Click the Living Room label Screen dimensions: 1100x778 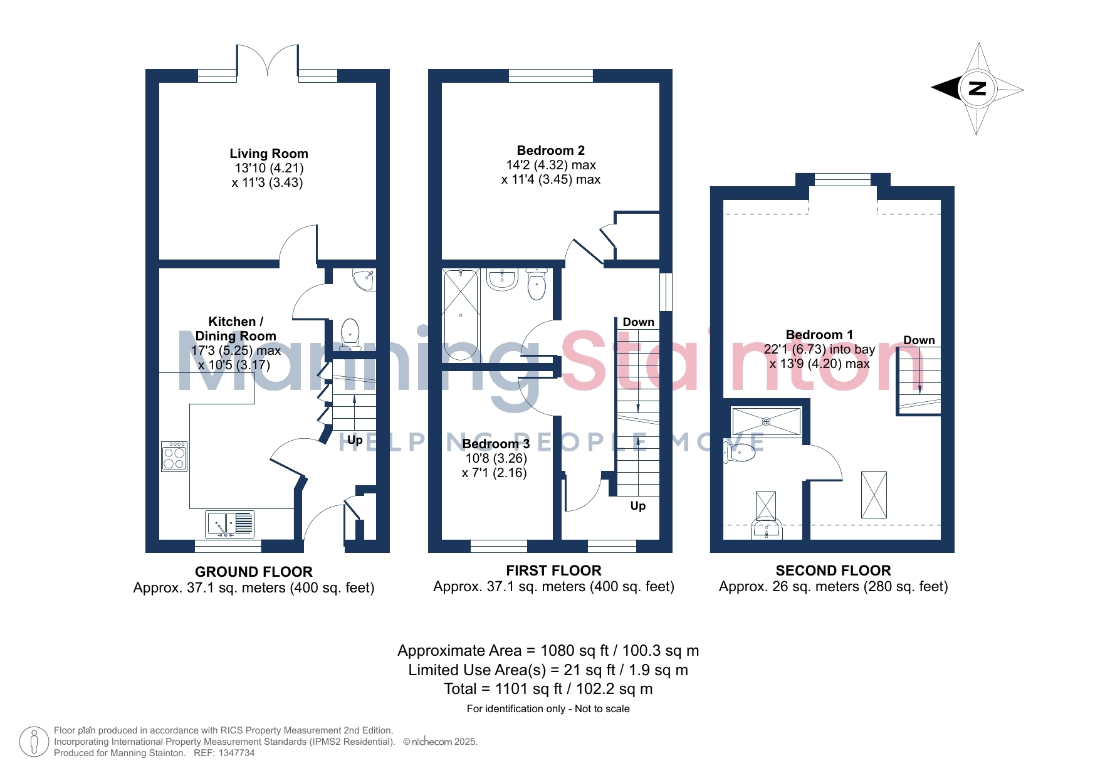click(x=269, y=154)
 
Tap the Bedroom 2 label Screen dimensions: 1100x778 click(x=551, y=150)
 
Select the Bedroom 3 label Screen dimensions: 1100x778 click(x=496, y=444)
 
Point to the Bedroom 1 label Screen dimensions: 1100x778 click(x=819, y=335)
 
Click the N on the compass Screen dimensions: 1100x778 click(x=978, y=88)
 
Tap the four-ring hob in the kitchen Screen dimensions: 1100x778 click(x=174, y=456)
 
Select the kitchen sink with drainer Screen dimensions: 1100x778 click(x=229, y=525)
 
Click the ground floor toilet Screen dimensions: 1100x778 click(x=350, y=335)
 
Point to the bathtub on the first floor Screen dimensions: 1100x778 click(x=461, y=314)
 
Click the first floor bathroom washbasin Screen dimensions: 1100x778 click(x=502, y=280)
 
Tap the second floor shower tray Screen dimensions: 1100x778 click(x=766, y=421)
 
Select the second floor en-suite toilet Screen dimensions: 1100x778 click(x=740, y=451)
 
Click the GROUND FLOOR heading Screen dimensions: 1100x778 click(x=253, y=572)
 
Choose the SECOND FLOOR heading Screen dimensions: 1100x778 click(x=833, y=570)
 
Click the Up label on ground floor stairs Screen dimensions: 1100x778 click(x=355, y=440)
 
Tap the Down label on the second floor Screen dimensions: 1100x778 click(x=919, y=340)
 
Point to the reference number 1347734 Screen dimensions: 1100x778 click(x=237, y=753)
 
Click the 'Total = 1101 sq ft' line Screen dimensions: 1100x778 click(x=548, y=689)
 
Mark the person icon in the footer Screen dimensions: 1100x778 click(x=34, y=742)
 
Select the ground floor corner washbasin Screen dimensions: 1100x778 click(x=364, y=280)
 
